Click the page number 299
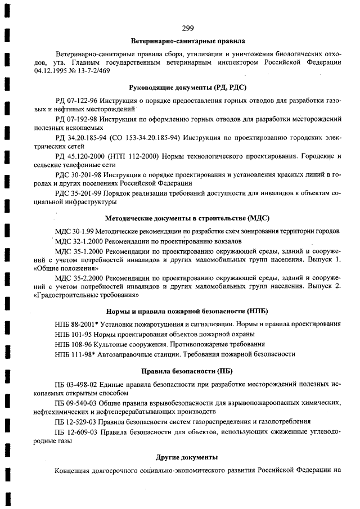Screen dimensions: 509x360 coord(188,29)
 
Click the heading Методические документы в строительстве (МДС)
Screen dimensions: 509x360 coord(188,217)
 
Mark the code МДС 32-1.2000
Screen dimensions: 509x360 coord(80,240)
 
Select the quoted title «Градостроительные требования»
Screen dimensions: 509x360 coord(86,294)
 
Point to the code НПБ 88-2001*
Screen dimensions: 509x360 coord(80,323)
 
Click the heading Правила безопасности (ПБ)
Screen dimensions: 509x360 coord(188,371)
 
